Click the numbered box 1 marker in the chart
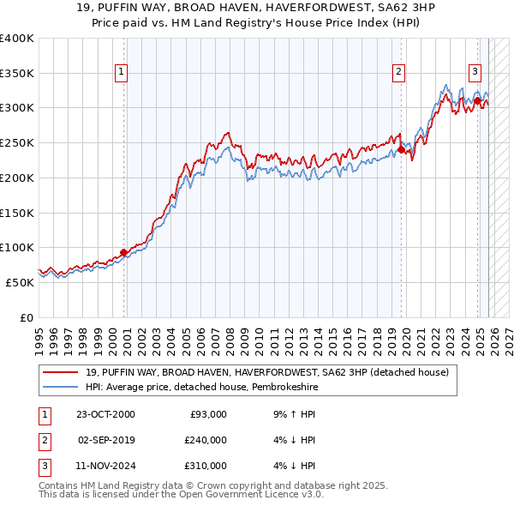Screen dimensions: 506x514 point(123,72)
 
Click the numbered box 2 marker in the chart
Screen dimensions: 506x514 point(399,72)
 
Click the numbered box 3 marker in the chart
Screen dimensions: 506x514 point(475,72)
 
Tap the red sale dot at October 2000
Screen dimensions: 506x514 point(123,252)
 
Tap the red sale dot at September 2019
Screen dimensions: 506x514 point(400,149)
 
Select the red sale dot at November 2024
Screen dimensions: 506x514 point(477,100)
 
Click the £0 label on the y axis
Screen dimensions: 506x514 point(26,317)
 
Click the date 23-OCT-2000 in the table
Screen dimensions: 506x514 point(105,414)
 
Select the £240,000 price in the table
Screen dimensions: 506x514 point(205,440)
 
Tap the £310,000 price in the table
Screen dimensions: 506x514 point(205,466)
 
